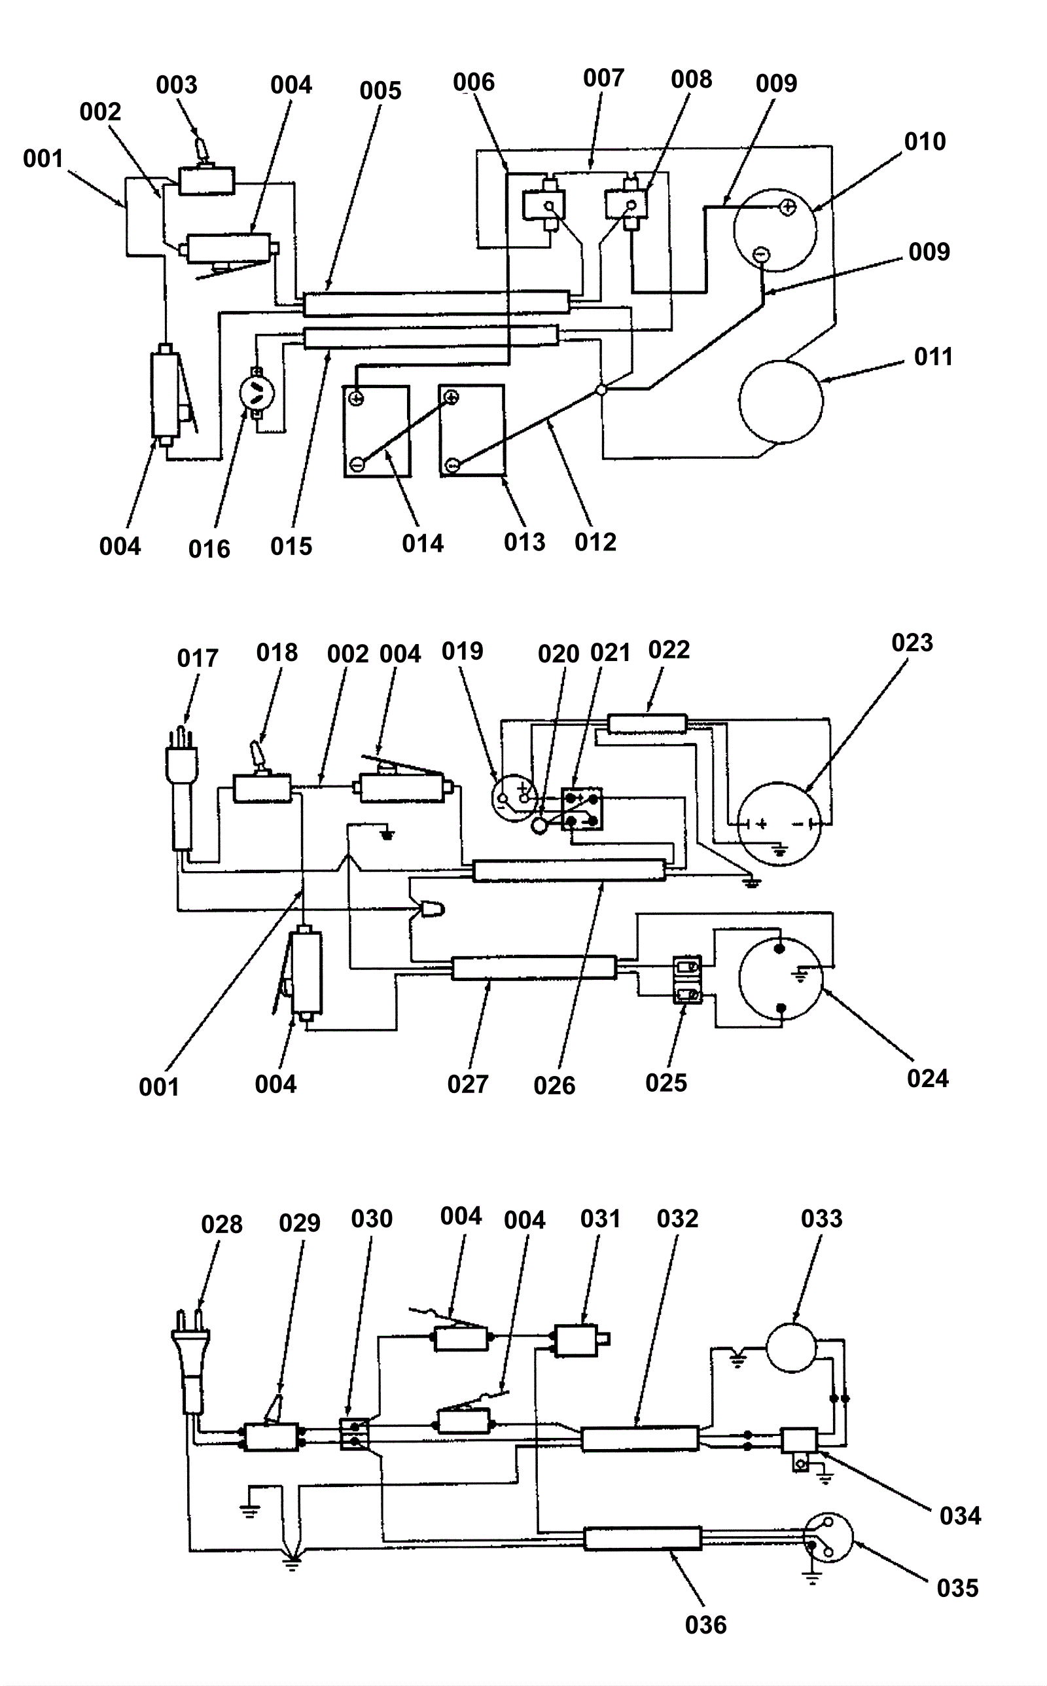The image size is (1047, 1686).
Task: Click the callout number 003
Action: pyautogui.click(x=177, y=85)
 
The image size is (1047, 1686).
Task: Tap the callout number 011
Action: pyautogui.click(x=933, y=357)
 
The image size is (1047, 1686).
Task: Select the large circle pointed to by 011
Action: pyautogui.click(x=781, y=402)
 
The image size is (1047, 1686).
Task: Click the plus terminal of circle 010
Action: pyautogui.click(x=787, y=206)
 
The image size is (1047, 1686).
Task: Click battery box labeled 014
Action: pyautogui.click(x=378, y=431)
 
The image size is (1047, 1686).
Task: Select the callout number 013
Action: pyautogui.click(x=524, y=542)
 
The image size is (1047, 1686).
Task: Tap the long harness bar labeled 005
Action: pyautogui.click(x=437, y=302)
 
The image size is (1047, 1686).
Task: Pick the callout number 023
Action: pyautogui.click(x=912, y=643)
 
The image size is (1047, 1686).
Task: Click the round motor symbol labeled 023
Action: pyautogui.click(x=779, y=823)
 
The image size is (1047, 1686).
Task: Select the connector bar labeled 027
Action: pyautogui.click(x=534, y=967)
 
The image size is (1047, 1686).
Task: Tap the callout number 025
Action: pyautogui.click(x=665, y=1083)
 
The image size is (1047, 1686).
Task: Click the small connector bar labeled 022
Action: pyautogui.click(x=647, y=725)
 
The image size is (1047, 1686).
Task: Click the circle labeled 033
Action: pyautogui.click(x=792, y=1347)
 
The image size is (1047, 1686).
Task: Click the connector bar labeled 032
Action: pyautogui.click(x=640, y=1439)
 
